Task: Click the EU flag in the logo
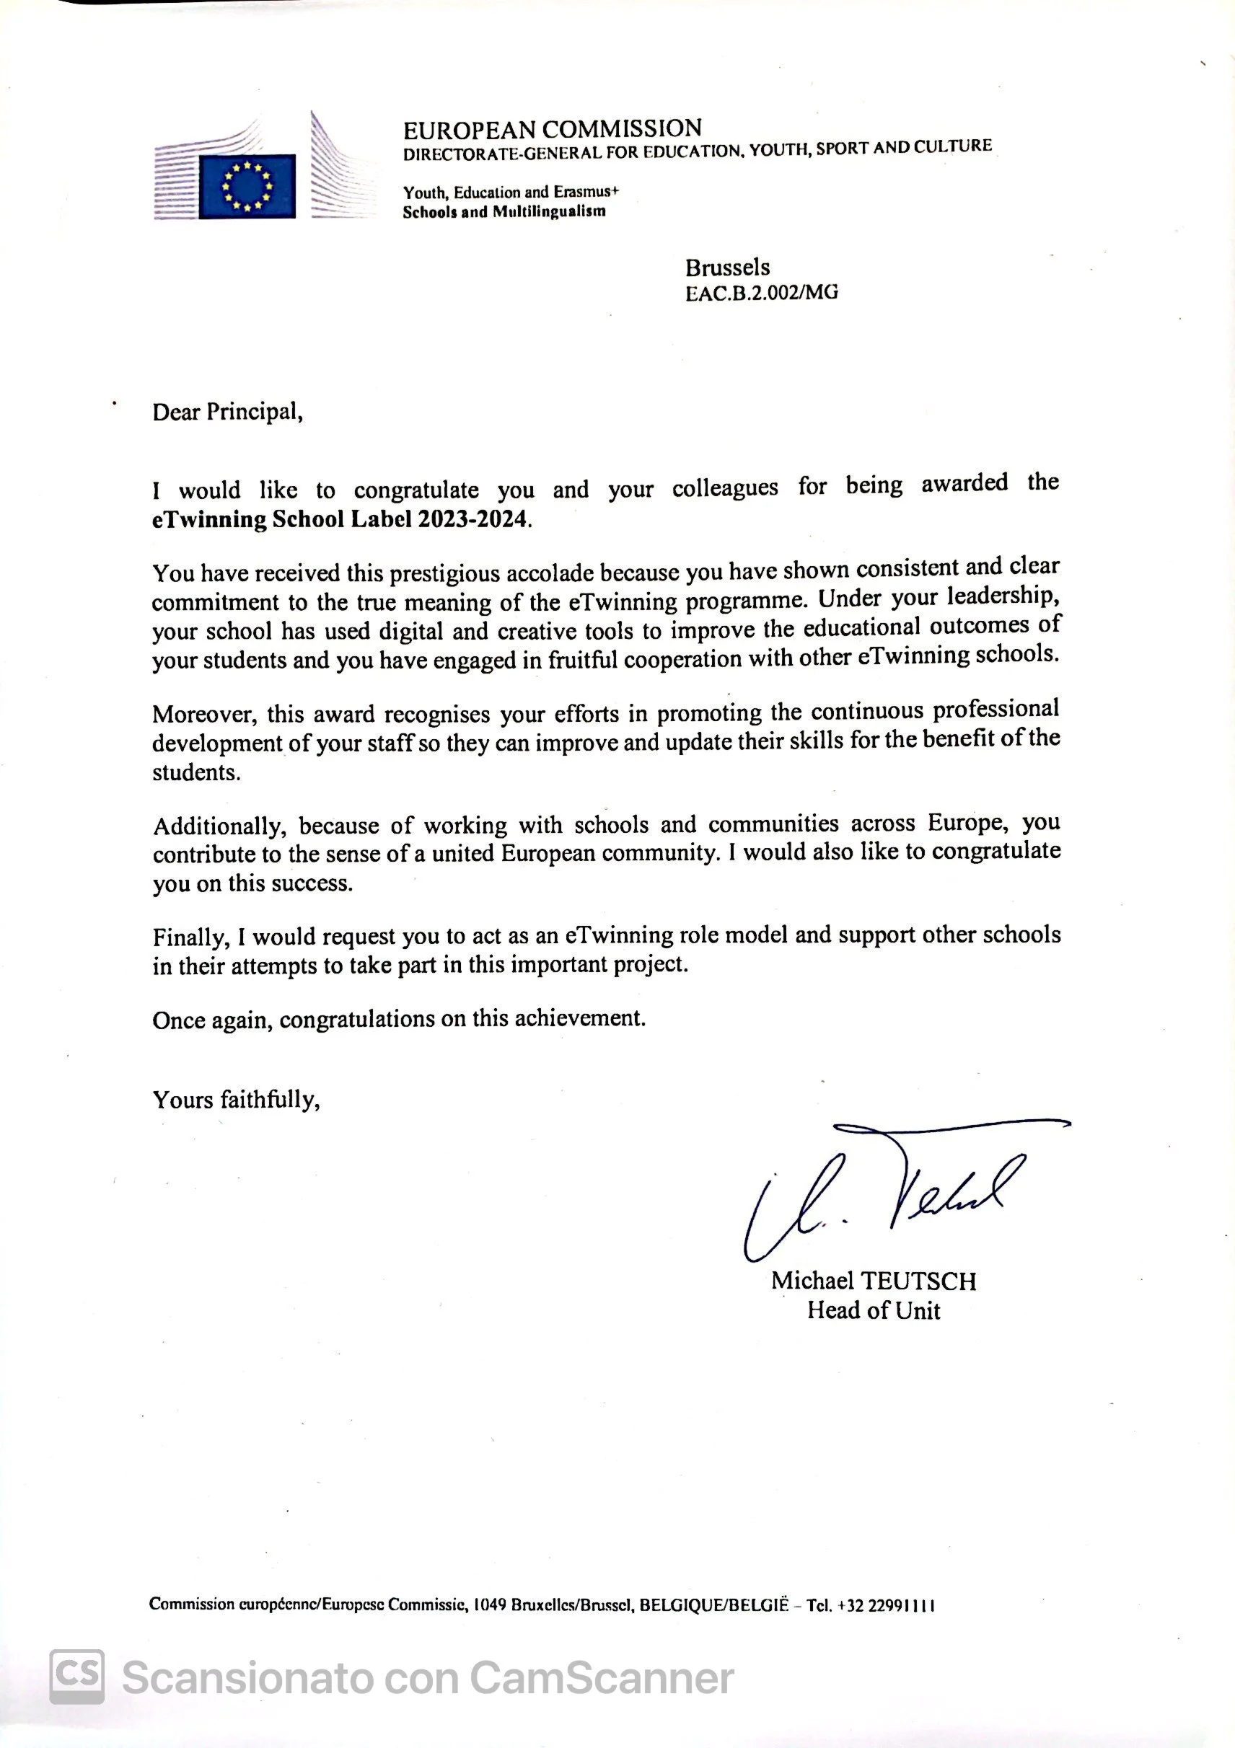point(247,186)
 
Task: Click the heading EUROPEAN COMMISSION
point(552,128)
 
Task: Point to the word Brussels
point(727,268)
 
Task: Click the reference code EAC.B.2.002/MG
point(761,293)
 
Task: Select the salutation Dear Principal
point(228,412)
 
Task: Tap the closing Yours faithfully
point(236,1100)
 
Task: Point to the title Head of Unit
point(874,1310)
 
